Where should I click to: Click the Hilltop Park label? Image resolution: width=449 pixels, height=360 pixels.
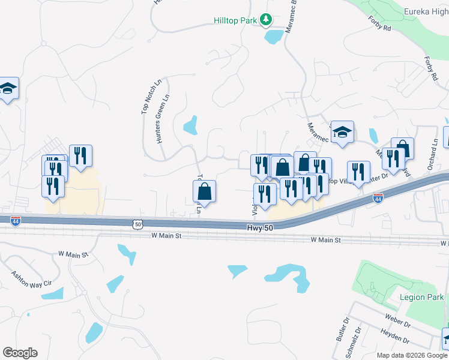[x=235, y=20]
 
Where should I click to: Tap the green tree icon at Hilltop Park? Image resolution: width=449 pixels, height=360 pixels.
[x=265, y=20]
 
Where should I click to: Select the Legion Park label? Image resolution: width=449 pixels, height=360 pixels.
[x=422, y=297]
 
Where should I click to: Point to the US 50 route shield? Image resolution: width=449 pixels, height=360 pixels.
[x=138, y=224]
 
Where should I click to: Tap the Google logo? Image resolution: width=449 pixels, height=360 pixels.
[x=20, y=353]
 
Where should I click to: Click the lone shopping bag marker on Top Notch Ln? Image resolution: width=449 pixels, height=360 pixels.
[x=205, y=191]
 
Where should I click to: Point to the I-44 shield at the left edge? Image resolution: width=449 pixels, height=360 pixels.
[x=15, y=222]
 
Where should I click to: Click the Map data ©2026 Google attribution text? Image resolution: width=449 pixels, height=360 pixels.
[x=411, y=355]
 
